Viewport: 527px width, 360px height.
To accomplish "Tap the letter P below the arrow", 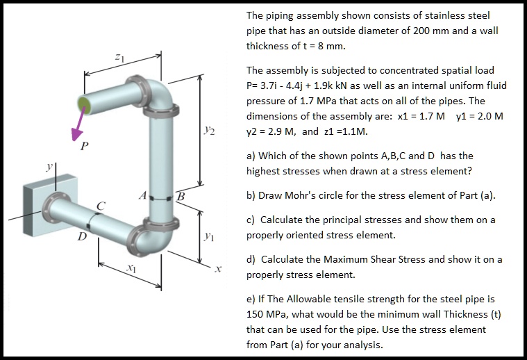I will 84,146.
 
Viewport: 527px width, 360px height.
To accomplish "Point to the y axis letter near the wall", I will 49,167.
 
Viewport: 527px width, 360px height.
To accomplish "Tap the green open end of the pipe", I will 85,104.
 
